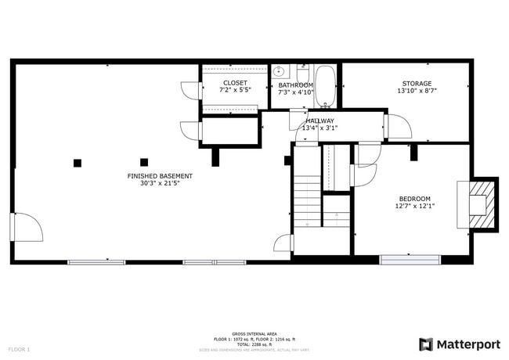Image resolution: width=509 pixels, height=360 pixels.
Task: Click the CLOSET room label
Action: [235, 82]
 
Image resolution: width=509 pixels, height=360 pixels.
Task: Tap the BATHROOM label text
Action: [295, 85]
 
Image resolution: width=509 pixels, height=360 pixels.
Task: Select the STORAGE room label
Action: [417, 83]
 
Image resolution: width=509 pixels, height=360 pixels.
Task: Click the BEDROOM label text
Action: [415, 199]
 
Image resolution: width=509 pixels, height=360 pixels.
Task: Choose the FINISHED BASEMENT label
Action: [160, 176]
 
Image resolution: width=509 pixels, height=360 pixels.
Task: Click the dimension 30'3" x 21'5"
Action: [160, 184]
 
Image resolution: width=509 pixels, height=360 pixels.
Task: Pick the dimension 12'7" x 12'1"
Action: [415, 207]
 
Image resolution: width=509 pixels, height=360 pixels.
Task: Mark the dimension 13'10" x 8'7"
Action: [417, 91]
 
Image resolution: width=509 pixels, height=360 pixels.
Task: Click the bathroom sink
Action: [279, 70]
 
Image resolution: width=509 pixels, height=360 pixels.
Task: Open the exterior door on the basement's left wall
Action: [25, 227]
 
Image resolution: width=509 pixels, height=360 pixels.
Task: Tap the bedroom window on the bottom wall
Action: [410, 259]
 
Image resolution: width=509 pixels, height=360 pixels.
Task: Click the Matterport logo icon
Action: [427, 344]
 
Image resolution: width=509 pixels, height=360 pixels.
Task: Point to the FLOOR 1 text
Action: [19, 348]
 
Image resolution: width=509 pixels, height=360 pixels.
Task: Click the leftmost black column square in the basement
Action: [78, 163]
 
